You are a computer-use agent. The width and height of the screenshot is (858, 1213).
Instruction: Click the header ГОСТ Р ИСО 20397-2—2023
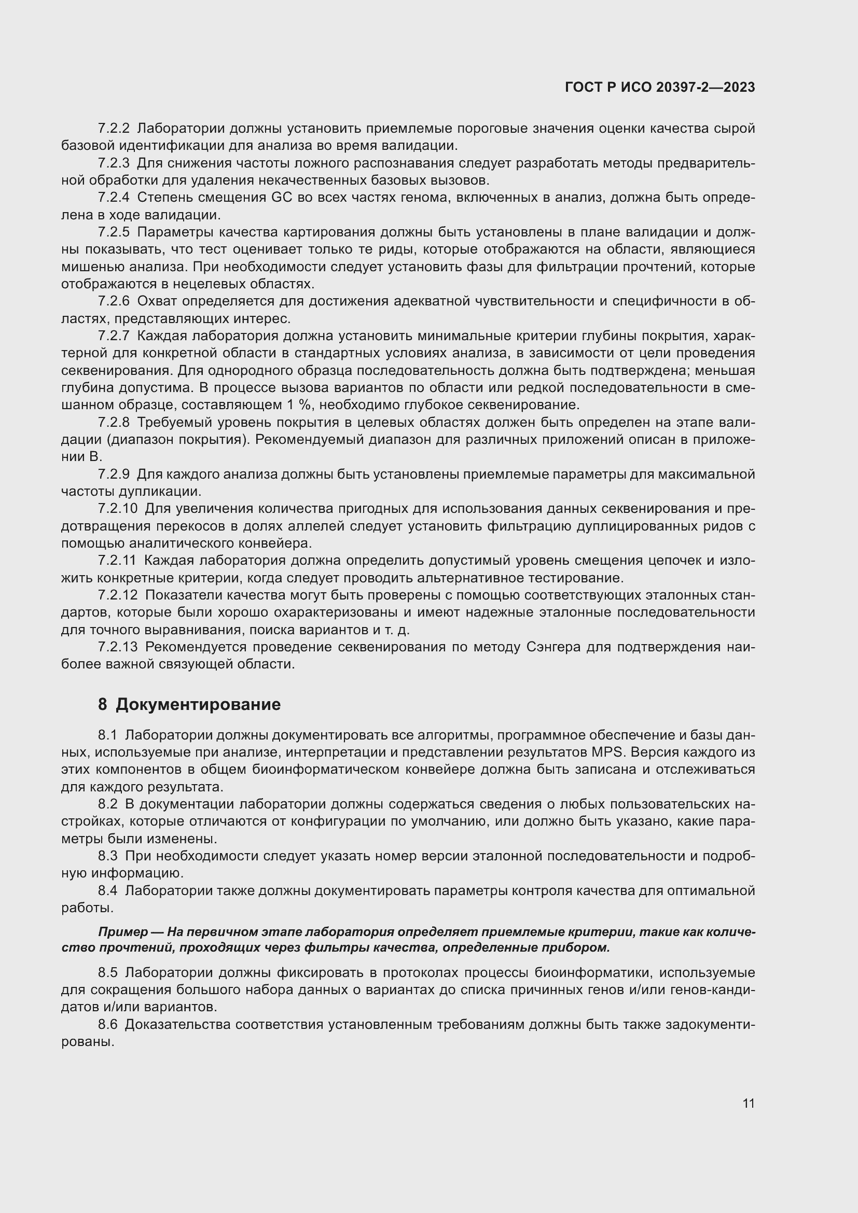(x=659, y=87)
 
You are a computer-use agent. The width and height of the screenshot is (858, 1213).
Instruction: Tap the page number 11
(x=748, y=1104)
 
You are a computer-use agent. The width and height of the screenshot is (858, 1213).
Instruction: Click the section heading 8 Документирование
(x=189, y=704)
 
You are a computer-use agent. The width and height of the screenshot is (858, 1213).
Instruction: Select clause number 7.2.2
(x=114, y=129)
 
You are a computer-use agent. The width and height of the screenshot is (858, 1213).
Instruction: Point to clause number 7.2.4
(x=114, y=198)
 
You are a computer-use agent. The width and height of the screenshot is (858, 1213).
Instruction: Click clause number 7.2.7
(x=114, y=336)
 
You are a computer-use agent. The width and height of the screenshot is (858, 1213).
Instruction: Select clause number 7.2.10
(x=117, y=509)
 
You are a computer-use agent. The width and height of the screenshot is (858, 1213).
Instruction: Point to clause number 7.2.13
(x=117, y=647)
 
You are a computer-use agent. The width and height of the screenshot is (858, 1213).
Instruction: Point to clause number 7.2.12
(x=117, y=595)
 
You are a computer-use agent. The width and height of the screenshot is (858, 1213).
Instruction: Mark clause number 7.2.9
(x=114, y=475)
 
